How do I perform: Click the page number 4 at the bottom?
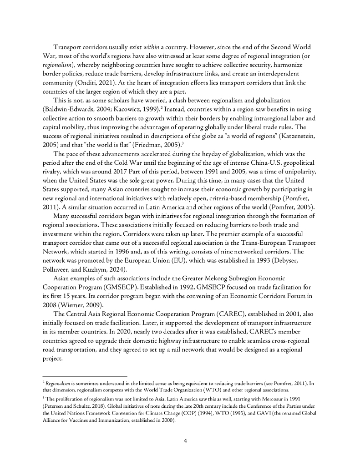pyautogui.click(x=180, y=441)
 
